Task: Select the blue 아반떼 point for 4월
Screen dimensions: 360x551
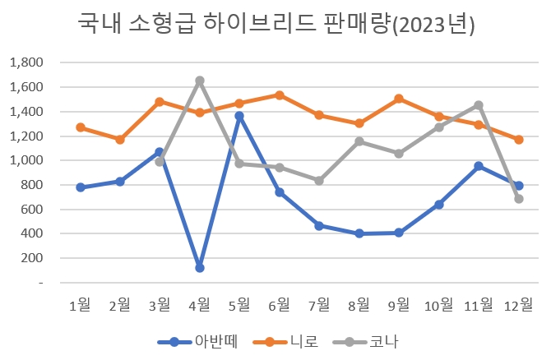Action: click(x=200, y=268)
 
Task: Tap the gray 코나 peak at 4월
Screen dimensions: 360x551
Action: click(x=200, y=81)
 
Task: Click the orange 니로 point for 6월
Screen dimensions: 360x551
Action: click(x=280, y=95)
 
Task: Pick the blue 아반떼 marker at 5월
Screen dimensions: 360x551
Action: click(x=240, y=116)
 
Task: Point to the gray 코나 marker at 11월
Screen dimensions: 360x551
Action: click(x=479, y=105)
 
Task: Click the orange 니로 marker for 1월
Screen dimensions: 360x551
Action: click(x=81, y=127)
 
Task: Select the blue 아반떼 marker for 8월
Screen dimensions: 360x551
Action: click(x=359, y=233)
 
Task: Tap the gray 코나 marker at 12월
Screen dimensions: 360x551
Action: click(x=519, y=199)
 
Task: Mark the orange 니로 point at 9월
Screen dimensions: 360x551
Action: click(x=399, y=99)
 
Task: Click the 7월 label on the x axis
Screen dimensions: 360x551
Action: click(x=319, y=306)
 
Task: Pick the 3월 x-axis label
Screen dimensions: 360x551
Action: click(x=160, y=306)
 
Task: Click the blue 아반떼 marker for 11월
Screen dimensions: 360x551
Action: click(x=479, y=166)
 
